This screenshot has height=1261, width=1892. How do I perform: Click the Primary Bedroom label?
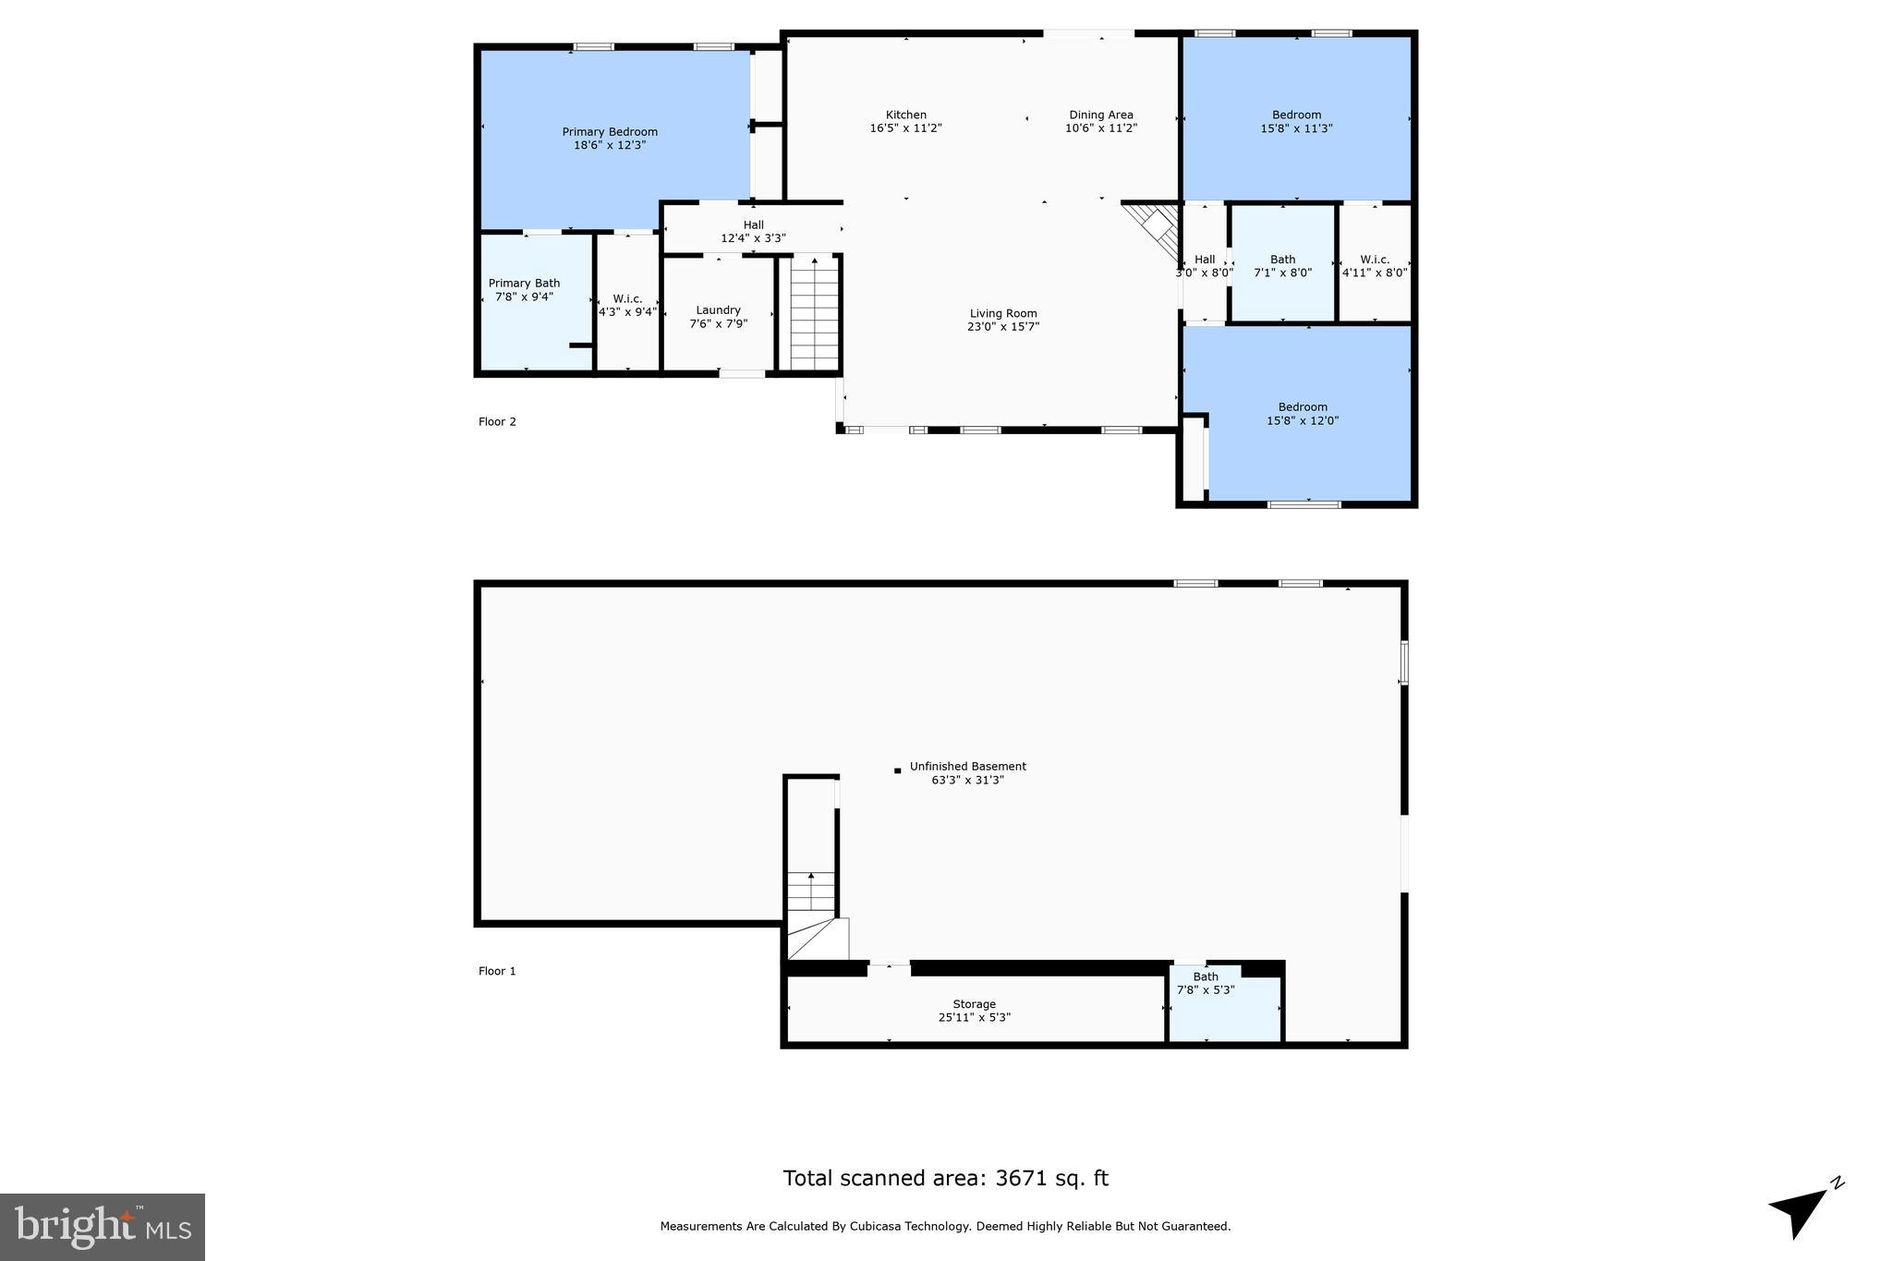[x=610, y=132]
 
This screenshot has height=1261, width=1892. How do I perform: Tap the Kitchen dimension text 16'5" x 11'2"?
[x=905, y=128]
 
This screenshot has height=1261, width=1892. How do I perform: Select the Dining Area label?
[x=1101, y=115]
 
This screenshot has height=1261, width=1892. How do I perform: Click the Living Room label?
[x=1003, y=313]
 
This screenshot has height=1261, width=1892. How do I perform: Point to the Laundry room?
[x=718, y=316]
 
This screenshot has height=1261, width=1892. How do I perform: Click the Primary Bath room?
[x=524, y=290]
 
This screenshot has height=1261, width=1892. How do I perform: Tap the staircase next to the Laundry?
[x=814, y=314]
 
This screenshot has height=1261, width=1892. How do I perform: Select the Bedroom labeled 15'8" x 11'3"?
[x=1296, y=121]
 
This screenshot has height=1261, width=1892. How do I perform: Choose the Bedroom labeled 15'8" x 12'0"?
[x=1303, y=413]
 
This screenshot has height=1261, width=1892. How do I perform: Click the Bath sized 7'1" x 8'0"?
[x=1282, y=265]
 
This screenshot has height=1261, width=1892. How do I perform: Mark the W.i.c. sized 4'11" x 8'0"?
[x=1375, y=265]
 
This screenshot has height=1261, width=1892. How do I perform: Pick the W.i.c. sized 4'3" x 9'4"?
[x=627, y=305]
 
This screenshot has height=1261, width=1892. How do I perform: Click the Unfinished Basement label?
[x=967, y=767]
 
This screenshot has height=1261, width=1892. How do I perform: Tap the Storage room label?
[x=974, y=1004]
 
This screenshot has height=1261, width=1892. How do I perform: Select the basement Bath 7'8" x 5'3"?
[x=1206, y=983]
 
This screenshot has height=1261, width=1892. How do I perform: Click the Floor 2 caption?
[x=497, y=422]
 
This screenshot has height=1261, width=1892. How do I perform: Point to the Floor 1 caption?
[x=497, y=971]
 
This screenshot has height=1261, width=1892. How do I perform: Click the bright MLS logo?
[x=103, y=1227]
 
